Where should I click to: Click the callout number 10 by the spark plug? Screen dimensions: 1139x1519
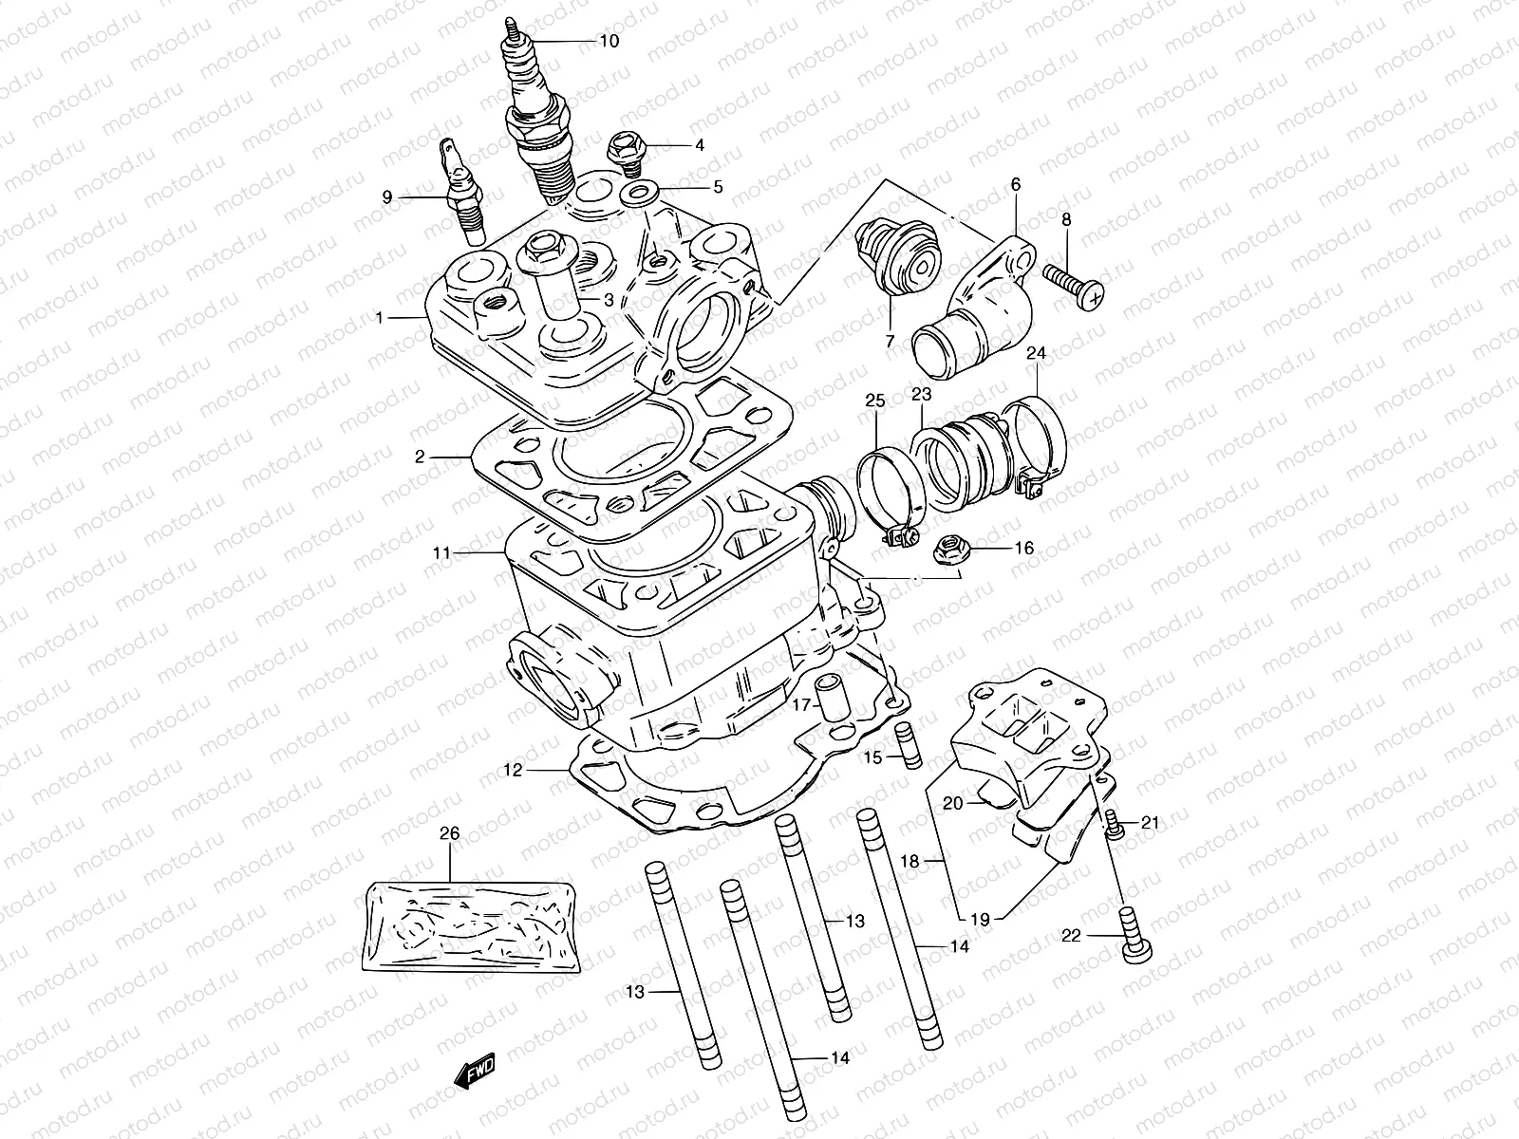[609, 41]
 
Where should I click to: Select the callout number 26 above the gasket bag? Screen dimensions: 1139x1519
[449, 833]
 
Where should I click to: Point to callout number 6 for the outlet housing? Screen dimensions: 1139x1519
[1016, 184]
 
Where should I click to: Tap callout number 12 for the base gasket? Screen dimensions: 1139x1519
[513, 771]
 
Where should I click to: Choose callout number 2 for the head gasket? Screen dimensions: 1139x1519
[420, 457]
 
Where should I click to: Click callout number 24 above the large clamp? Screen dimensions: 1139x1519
[1036, 353]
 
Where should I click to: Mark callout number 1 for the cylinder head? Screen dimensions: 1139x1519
[380, 318]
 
